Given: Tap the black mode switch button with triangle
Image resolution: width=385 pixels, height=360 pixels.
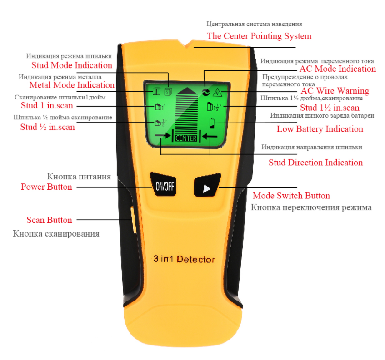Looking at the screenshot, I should pyautogui.click(x=207, y=186).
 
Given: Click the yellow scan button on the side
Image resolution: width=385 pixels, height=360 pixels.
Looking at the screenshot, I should pyautogui.click(x=133, y=220).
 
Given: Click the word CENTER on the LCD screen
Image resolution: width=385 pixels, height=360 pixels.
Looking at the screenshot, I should pyautogui.click(x=186, y=138).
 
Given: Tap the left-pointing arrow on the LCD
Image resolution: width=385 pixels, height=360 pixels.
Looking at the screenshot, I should pyautogui.click(x=210, y=136).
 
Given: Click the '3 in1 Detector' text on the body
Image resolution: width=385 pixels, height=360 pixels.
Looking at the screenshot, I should pyautogui.click(x=184, y=259).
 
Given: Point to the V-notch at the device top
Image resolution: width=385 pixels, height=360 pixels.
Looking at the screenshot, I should pyautogui.click(x=187, y=45).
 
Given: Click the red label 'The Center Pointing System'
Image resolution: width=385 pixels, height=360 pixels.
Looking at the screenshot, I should pyautogui.click(x=259, y=36).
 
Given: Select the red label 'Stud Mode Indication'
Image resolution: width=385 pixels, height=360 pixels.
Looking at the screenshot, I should pyautogui.click(x=72, y=65).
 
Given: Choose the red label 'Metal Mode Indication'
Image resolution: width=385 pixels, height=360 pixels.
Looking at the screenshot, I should pyautogui.click(x=72, y=85).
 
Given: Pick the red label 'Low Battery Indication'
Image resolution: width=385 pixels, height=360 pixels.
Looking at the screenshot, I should pyautogui.click(x=320, y=129).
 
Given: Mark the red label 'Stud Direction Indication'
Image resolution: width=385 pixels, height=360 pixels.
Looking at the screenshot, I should pyautogui.click(x=315, y=163).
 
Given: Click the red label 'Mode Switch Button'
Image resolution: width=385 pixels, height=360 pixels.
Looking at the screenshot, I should pyautogui.click(x=291, y=196).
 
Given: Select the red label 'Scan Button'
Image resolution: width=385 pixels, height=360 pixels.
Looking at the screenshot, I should pyautogui.click(x=49, y=220).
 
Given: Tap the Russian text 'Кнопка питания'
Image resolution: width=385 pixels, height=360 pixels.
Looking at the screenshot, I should pyautogui.click(x=79, y=177).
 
